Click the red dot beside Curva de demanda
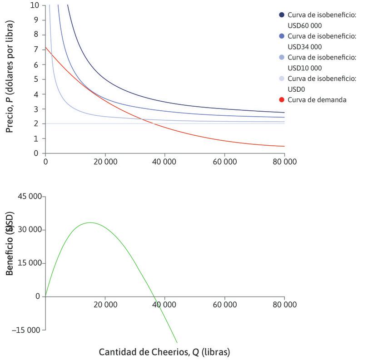(282, 100)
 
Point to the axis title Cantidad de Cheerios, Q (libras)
(164, 352)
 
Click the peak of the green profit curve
(90, 222)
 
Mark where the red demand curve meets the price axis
(45, 47)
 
